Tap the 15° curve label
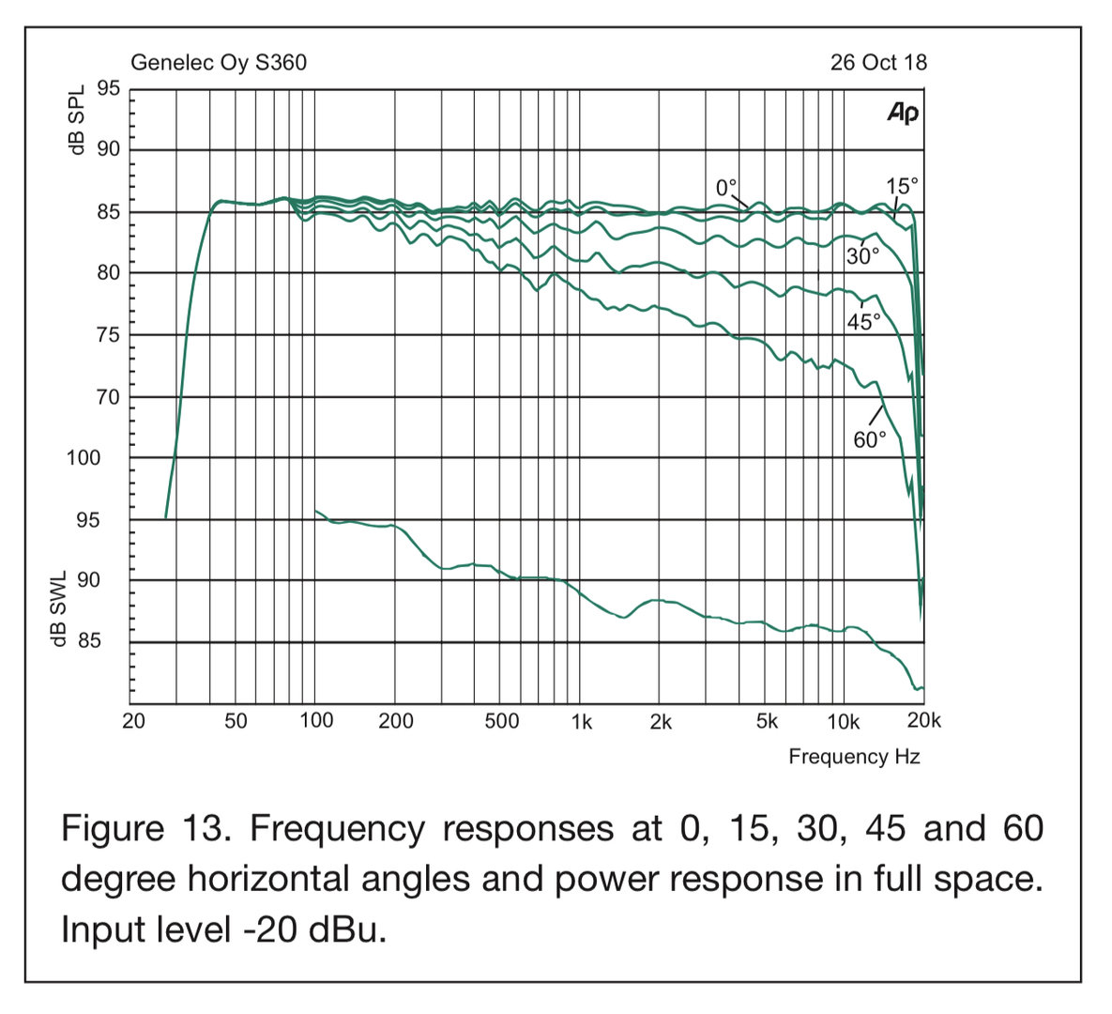901,186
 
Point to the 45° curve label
864,321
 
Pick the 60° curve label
870,439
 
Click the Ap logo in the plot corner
903,114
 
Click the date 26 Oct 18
878,63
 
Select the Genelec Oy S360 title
219,63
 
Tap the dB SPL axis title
77,121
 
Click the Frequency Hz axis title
854,757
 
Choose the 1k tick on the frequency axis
582,721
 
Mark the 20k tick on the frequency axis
923,721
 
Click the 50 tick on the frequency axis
236,721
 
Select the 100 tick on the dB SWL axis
83,458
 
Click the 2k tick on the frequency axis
661,721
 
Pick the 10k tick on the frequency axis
842,721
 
